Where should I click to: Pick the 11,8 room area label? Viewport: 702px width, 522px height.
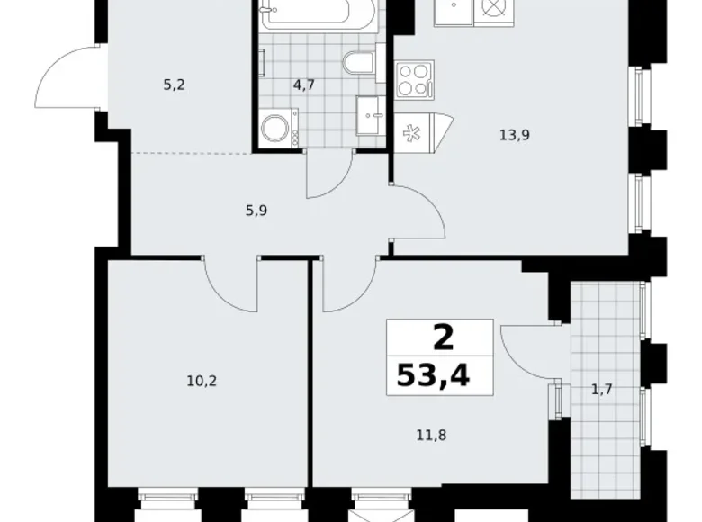pos(432,435)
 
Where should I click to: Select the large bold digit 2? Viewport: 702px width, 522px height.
pos(442,337)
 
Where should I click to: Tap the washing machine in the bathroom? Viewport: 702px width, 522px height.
pos(280,127)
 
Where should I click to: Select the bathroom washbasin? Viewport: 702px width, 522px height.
pos(371,114)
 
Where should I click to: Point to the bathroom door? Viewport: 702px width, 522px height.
pos(328,175)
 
